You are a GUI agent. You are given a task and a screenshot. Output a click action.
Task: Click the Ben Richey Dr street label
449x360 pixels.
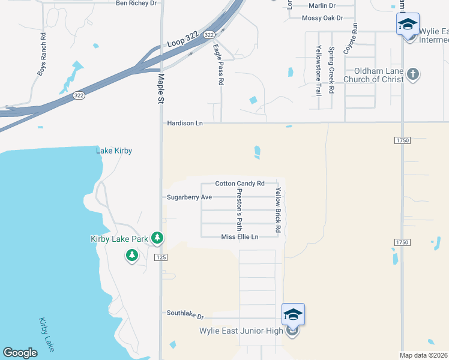[x=136, y=3]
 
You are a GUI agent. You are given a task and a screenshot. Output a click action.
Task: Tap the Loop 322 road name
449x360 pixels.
[x=182, y=40]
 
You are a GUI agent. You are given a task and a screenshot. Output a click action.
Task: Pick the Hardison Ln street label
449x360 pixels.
[x=184, y=123]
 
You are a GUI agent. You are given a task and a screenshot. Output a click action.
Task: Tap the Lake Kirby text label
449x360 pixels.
[x=114, y=151]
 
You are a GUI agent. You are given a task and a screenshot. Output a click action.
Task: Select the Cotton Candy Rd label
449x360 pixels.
[x=240, y=184]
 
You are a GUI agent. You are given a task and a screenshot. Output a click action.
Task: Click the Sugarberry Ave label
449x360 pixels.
[x=189, y=197]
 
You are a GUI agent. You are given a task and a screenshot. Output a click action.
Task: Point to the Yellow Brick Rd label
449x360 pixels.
[x=278, y=209]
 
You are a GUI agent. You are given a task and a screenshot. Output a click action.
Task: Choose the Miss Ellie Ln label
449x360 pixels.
[x=240, y=237]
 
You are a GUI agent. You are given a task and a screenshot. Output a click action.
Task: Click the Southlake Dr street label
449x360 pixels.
[x=185, y=314]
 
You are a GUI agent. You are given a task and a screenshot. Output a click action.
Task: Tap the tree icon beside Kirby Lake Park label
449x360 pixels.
[x=157, y=238]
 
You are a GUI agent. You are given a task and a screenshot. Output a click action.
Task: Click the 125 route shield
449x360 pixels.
[x=160, y=257]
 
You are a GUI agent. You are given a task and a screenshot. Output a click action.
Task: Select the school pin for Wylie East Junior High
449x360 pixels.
[x=293, y=315]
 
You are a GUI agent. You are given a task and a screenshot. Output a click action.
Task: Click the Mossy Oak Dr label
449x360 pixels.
[x=322, y=18]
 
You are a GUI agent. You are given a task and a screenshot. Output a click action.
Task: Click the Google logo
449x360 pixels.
[x=20, y=353]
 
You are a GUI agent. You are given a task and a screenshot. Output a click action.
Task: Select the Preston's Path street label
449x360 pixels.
[x=239, y=209]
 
